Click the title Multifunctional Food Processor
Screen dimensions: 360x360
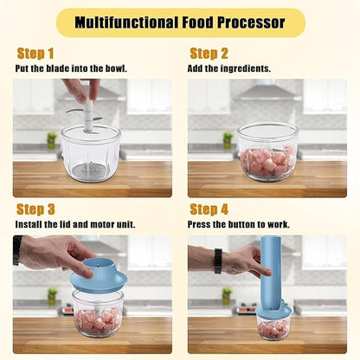[x=179, y=22]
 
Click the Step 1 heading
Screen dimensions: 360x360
[x=35, y=54]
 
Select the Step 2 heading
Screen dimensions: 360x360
[x=209, y=54]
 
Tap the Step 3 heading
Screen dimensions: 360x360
[x=36, y=209]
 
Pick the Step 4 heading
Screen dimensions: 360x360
[x=209, y=209]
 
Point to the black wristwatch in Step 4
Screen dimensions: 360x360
[x=218, y=260]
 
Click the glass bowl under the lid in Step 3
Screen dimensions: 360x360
[x=97, y=313]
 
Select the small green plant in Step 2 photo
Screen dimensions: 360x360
[x=228, y=138]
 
